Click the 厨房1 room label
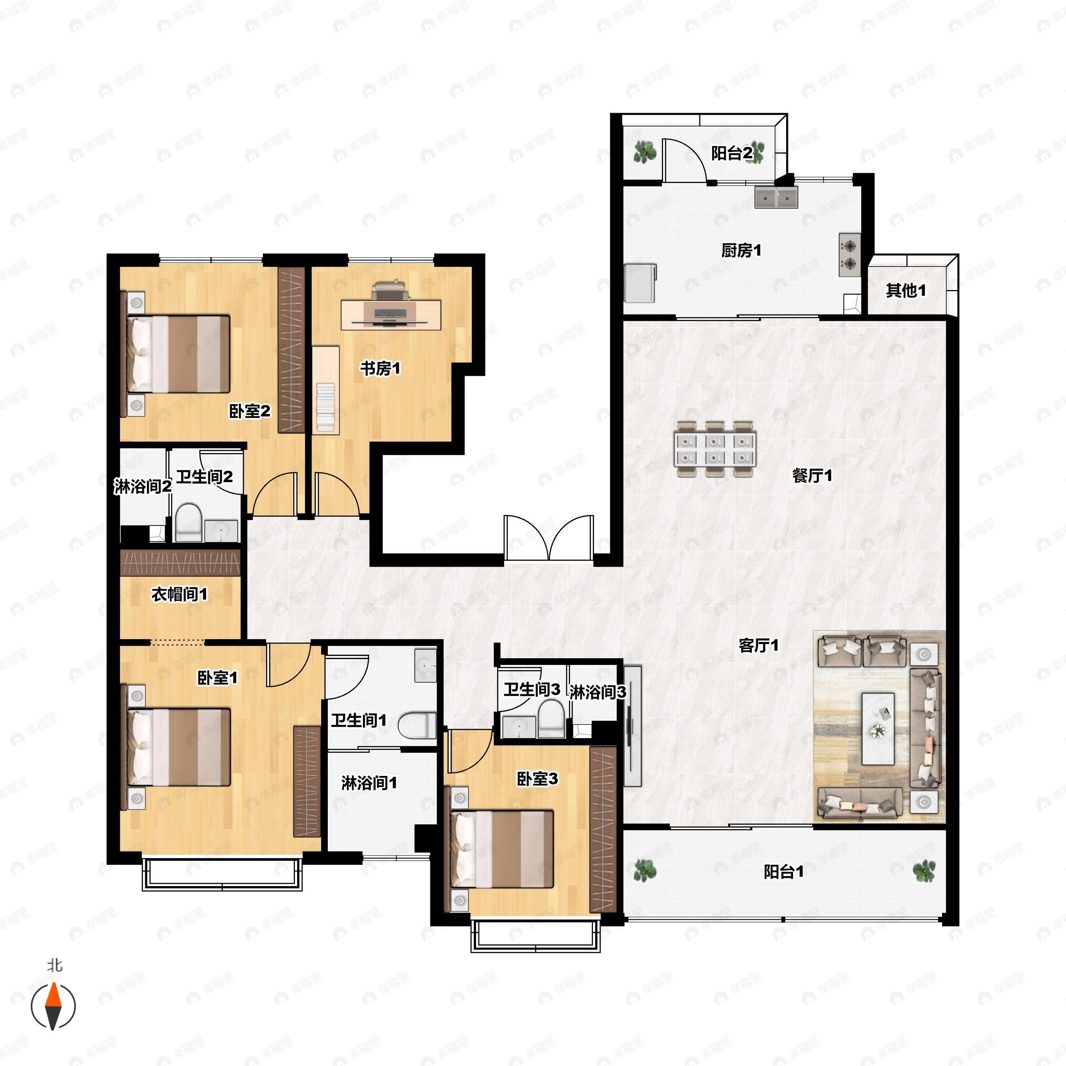click(741, 251)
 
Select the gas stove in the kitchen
click(849, 255)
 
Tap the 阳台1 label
click(784, 872)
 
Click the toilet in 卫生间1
click(417, 725)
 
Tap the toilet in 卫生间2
click(189, 522)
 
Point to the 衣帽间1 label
click(179, 594)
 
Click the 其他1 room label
click(906, 290)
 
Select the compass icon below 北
click(53, 1005)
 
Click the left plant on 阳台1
click(644, 871)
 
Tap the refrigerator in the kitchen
click(640, 282)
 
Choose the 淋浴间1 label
click(369, 782)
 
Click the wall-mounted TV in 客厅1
click(633, 726)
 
